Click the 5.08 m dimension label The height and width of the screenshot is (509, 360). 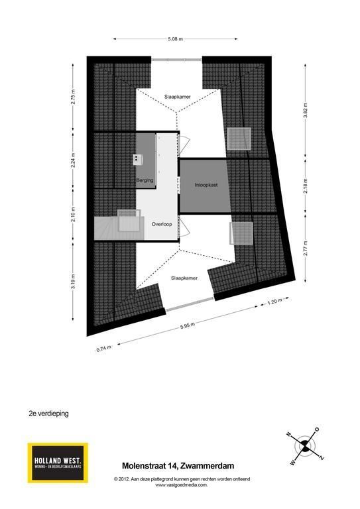(175, 39)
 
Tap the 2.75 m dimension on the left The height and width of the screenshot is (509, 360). (74, 96)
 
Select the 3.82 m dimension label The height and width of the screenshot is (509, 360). (306, 111)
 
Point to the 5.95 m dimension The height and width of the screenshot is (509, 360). (188, 325)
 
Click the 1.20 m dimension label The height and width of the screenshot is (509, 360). (274, 302)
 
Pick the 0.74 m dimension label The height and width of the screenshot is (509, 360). (103, 349)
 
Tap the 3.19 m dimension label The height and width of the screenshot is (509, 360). (74, 282)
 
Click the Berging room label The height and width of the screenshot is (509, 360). (145, 180)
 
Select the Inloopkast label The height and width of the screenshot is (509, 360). (206, 185)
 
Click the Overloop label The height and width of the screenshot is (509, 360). (162, 224)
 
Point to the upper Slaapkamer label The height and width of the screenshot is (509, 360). (177, 97)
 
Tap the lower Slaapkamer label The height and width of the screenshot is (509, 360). (184, 278)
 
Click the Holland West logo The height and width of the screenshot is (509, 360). (58, 463)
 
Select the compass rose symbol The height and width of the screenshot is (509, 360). (305, 447)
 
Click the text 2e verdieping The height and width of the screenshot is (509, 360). (48, 414)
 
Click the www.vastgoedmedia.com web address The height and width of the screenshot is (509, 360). (181, 485)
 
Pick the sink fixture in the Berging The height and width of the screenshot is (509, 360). (138, 159)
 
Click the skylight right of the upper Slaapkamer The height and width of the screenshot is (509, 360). (239, 139)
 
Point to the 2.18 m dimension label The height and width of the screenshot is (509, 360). (306, 186)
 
